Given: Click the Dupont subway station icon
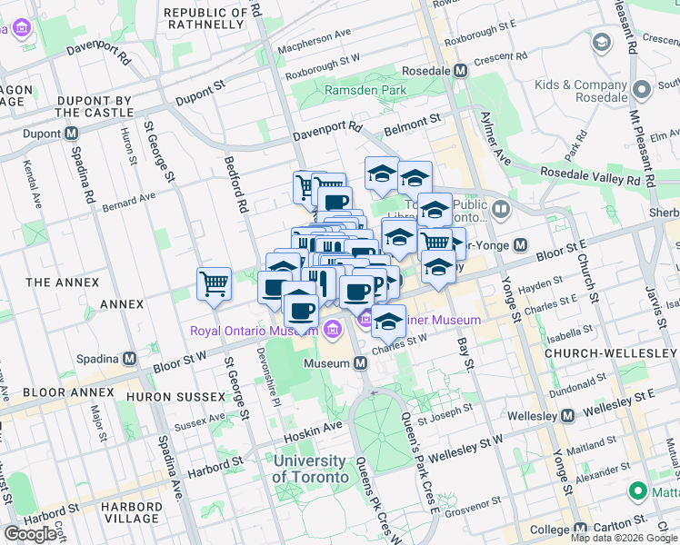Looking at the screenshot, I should [x=71, y=134].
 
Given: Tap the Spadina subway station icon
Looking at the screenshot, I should [x=130, y=358].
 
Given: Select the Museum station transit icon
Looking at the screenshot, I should [x=361, y=363].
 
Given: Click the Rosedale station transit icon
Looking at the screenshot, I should [x=461, y=70].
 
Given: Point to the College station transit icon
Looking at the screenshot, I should [x=582, y=529].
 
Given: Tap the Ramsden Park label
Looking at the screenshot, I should [x=365, y=91].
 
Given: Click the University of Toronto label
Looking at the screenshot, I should [x=310, y=469].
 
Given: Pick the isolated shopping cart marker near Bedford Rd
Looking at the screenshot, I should [x=215, y=283].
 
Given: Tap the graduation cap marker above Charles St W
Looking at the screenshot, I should [x=389, y=322].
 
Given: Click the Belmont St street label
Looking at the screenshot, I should [x=410, y=119].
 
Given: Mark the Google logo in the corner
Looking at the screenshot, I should [x=30, y=534].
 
